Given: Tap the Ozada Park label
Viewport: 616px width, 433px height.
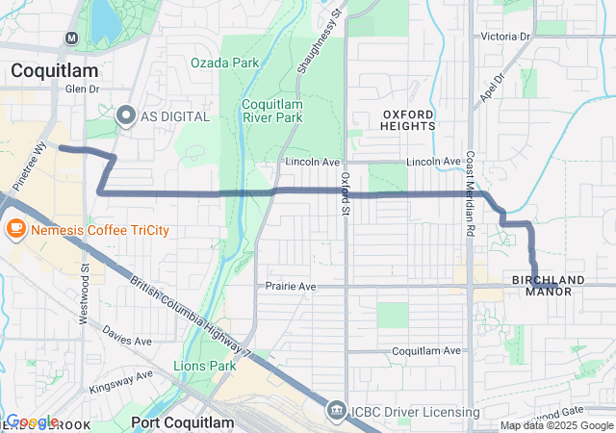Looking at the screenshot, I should [225, 63].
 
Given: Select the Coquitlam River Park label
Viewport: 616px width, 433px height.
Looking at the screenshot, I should [272, 111].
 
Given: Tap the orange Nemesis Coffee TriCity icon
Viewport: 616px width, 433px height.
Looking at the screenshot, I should [14, 229].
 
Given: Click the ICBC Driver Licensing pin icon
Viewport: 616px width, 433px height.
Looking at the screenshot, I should [336, 411].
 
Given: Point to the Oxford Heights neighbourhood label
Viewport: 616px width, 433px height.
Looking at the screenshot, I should [407, 119].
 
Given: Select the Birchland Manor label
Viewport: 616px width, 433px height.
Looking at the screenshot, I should [549, 285].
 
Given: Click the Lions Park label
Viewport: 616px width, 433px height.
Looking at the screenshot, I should [204, 366].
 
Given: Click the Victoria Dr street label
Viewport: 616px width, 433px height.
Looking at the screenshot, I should [505, 37].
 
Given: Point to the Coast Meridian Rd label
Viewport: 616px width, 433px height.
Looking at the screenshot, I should [471, 192].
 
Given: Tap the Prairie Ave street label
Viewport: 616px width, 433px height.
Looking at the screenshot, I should [291, 287].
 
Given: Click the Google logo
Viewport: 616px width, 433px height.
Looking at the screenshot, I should [32, 421].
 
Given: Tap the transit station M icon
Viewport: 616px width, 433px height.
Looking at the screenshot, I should [71, 38].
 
